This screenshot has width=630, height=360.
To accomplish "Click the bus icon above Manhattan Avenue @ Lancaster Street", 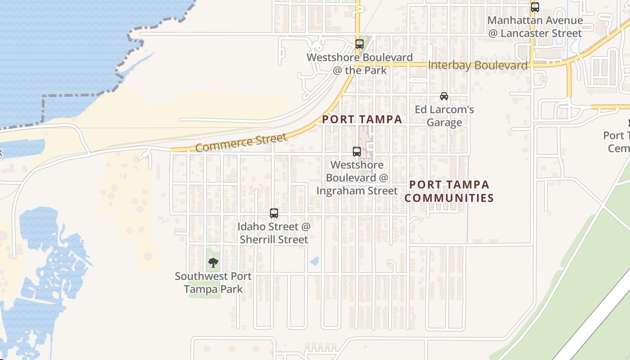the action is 535,7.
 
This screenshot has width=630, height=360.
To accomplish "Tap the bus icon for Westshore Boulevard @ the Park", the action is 359,44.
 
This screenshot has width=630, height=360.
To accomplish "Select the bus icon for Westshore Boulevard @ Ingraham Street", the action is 357,152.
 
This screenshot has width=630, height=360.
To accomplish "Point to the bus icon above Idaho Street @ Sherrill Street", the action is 274,213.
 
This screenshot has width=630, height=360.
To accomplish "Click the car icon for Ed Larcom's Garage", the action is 444,96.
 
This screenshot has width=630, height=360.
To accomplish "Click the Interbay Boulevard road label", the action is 477,66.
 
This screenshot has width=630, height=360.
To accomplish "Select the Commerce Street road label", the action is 241,142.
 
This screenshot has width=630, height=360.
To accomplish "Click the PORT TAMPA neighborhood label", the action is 362,119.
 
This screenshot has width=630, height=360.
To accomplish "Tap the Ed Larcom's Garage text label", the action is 444,116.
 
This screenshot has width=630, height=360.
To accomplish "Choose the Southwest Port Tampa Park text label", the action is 213,283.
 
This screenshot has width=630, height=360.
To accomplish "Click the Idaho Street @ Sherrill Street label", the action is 274,233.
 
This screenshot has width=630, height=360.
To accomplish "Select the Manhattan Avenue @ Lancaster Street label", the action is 535,27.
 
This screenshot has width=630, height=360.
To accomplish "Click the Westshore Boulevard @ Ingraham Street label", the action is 357,178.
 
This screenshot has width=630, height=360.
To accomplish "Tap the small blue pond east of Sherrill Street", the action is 315,261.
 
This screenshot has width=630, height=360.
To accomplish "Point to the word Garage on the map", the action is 444,123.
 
